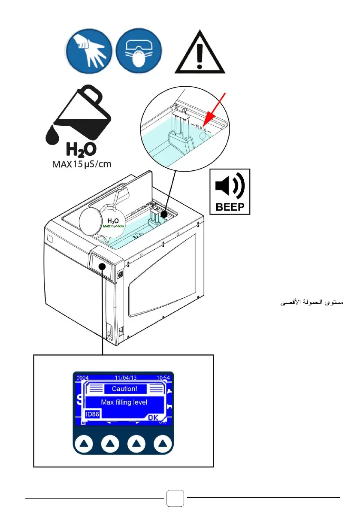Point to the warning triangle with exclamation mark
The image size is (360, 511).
pos(200,52)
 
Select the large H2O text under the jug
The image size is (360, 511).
pos(80,150)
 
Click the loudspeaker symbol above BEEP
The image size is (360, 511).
pos(229,186)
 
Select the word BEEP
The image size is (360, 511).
pos(230,207)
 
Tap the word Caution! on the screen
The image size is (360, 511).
pos(125,389)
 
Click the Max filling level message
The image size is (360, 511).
pos(124,402)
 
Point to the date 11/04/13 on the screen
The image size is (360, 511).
pos(125,378)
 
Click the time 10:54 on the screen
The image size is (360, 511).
pos(163,378)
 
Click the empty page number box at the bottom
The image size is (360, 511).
pos(175,498)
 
